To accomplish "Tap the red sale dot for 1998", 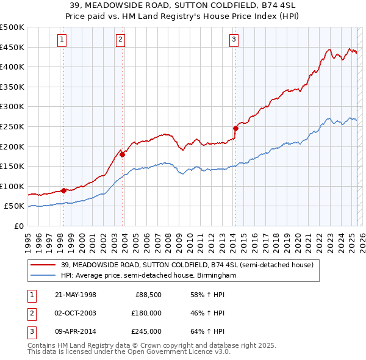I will coord(63,190).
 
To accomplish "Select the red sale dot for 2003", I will coord(122,154).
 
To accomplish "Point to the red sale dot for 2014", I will coord(235,128).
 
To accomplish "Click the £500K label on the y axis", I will coord(12,27).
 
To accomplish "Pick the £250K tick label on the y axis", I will coord(12,126).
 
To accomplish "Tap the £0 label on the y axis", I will coord(18,226).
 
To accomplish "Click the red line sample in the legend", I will coord(43,265).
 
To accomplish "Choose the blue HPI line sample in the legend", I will coord(43,275).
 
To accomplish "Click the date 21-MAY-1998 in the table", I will coord(76,295).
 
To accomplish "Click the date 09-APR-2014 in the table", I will coord(76,331).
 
